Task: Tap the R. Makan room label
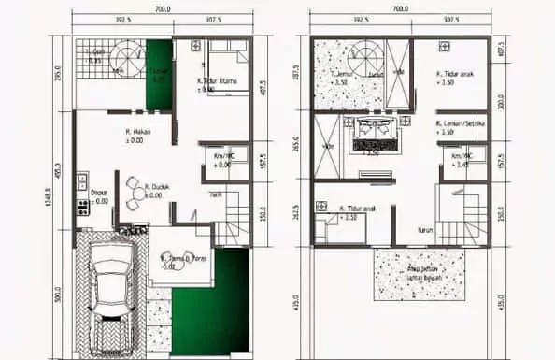pos(139,136)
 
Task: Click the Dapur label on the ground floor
pos(98,195)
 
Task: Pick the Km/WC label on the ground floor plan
pos(221,160)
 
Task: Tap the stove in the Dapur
pos(82,208)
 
